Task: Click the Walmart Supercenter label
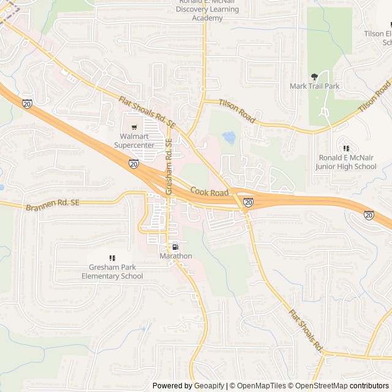134,140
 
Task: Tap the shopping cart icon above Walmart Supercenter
134,127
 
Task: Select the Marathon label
176,255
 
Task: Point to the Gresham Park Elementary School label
112,272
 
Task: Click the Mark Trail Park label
314,86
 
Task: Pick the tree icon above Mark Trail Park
315,76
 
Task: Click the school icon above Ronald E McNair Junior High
346,148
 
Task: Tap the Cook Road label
209,192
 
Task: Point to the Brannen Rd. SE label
53,205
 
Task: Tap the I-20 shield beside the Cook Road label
248,202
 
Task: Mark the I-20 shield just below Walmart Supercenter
134,164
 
